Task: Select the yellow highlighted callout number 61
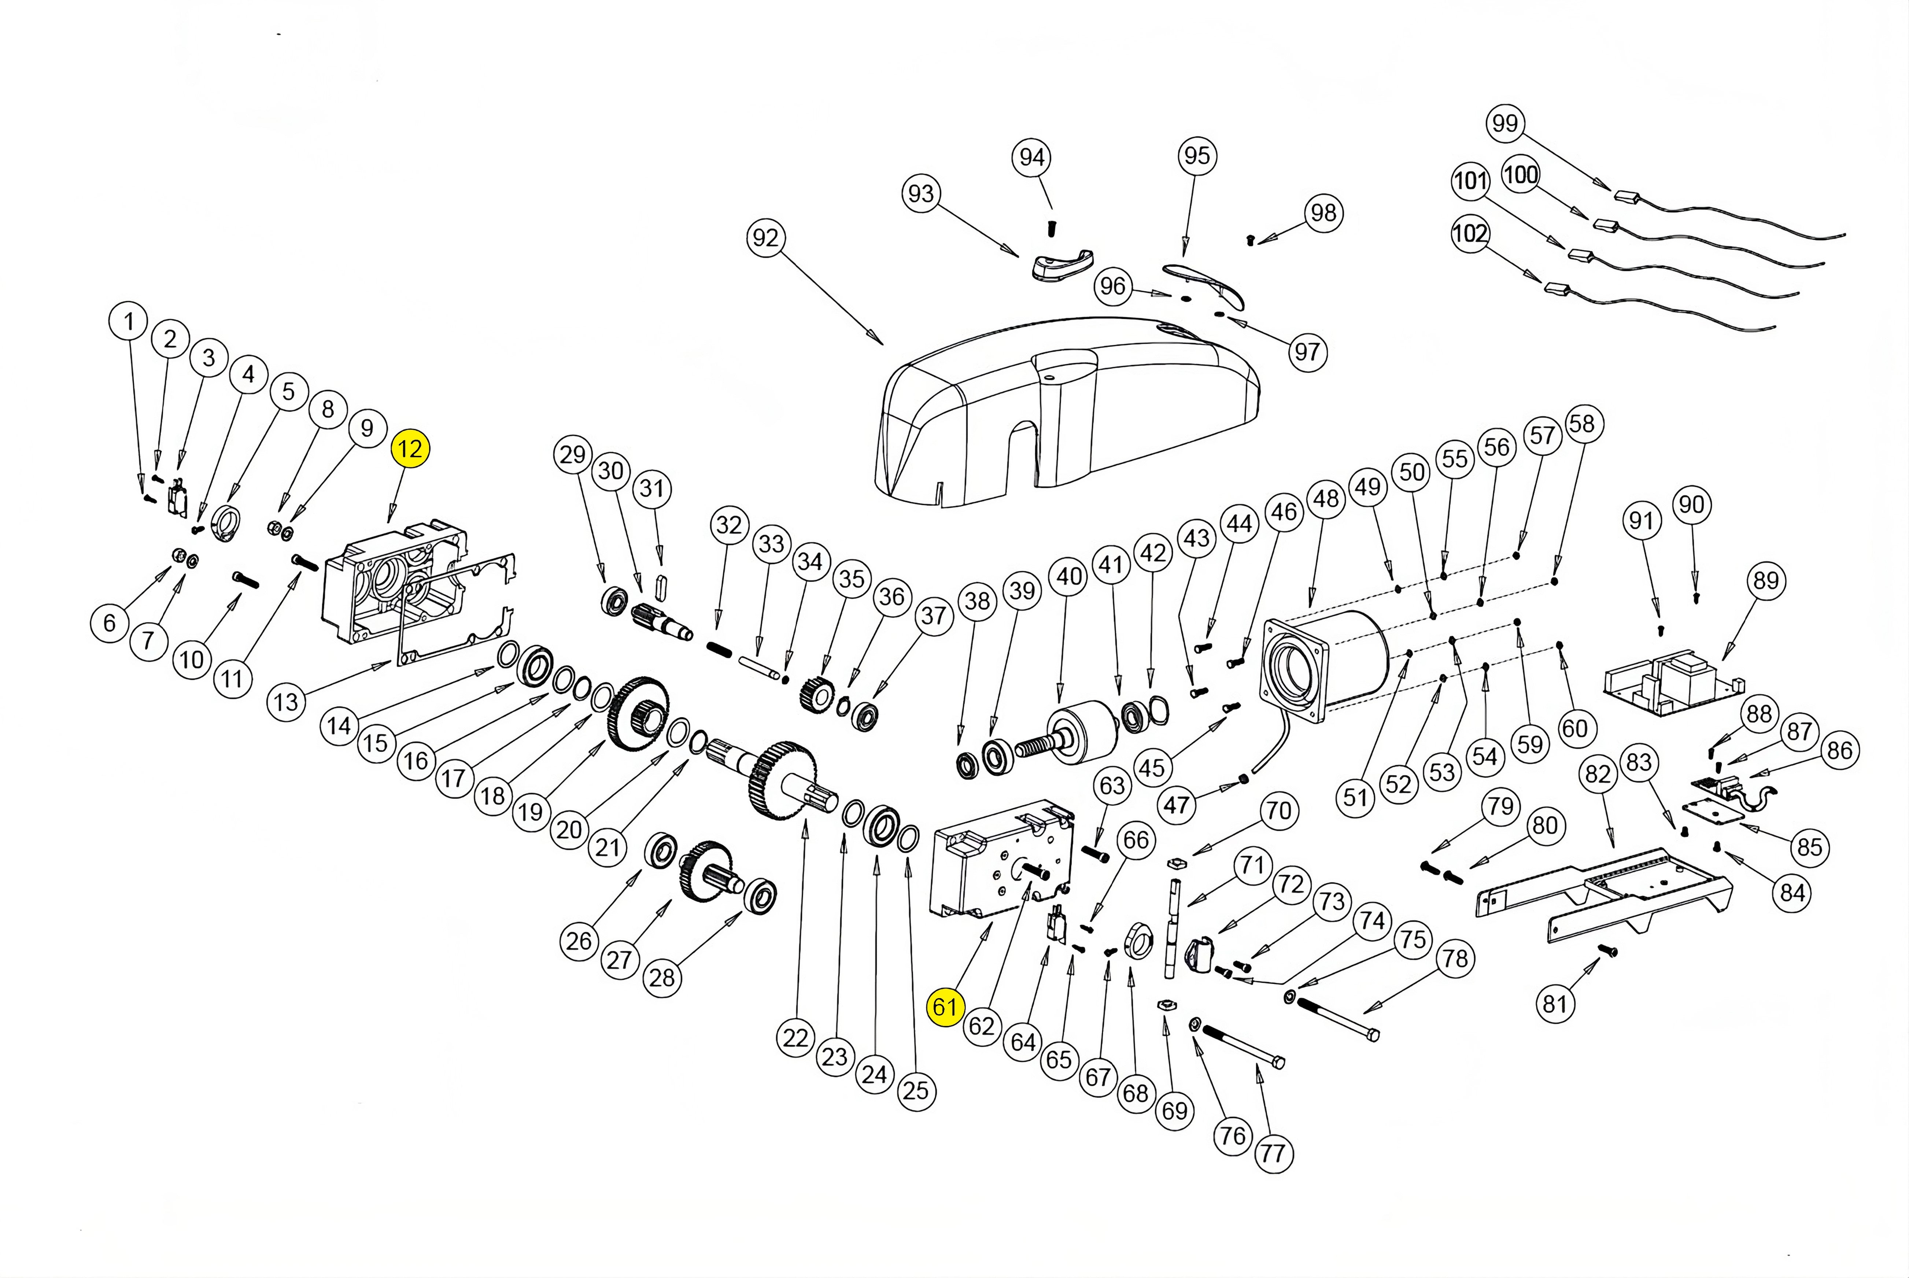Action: (944, 1007)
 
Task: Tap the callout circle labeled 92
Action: (765, 238)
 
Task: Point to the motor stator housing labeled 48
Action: (1321, 664)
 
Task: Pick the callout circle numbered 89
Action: (1765, 581)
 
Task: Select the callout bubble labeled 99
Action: (1505, 123)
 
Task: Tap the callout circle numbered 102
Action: (1470, 234)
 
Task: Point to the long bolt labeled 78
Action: (1337, 1019)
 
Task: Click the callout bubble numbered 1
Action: (128, 322)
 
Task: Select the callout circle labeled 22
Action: (795, 1038)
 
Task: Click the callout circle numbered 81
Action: (1554, 1003)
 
